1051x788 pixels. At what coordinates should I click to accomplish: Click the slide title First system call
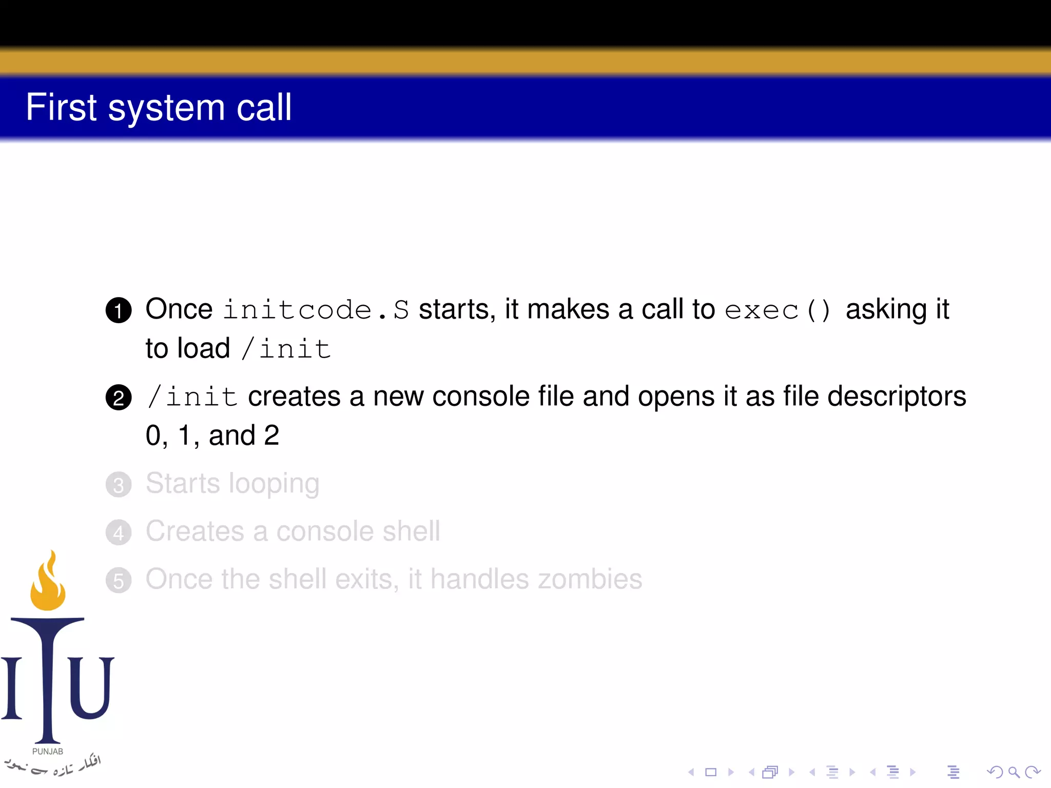click(159, 107)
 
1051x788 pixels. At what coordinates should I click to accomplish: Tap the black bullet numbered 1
click(119, 310)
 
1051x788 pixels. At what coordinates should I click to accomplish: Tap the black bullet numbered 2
click(119, 398)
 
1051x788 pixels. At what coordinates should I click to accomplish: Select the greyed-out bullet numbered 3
click(119, 485)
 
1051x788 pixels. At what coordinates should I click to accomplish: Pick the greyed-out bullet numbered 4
click(119, 533)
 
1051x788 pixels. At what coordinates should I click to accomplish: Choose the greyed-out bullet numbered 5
click(119, 581)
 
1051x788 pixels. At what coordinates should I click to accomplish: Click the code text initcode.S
click(316, 310)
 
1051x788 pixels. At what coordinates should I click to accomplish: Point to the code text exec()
click(777, 310)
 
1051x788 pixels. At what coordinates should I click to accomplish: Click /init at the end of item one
click(286, 349)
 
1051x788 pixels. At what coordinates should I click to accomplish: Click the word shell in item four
click(411, 531)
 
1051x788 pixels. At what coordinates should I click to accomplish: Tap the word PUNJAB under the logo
click(48, 751)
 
